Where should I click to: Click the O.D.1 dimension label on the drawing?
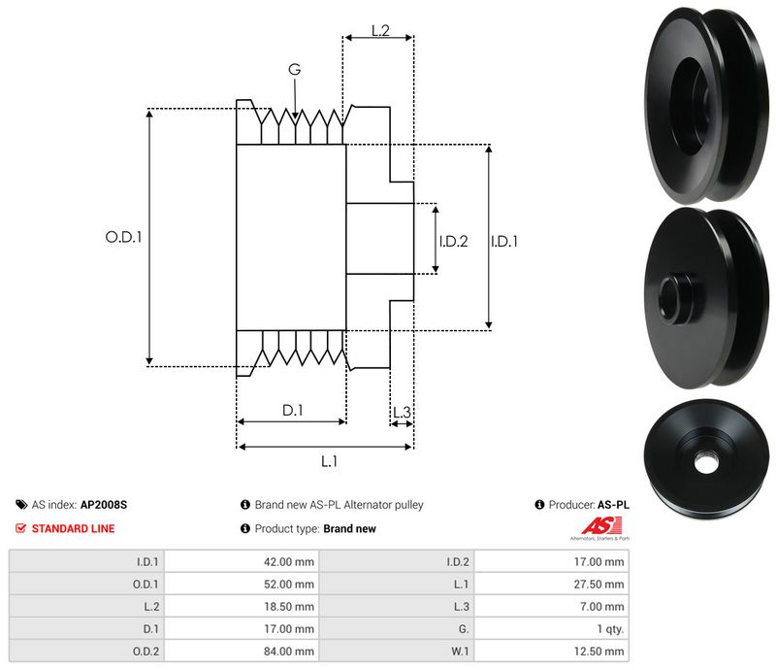(x=123, y=236)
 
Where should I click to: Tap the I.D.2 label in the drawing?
(x=453, y=241)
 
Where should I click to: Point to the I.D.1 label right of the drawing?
(x=503, y=241)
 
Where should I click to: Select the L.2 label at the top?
(x=380, y=32)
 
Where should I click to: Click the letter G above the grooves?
(x=295, y=69)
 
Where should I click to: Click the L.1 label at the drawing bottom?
(x=329, y=461)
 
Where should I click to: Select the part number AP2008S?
(x=104, y=505)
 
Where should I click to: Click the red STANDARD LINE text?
(x=73, y=529)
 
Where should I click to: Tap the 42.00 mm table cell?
(x=290, y=561)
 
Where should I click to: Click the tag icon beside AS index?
(x=20, y=505)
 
